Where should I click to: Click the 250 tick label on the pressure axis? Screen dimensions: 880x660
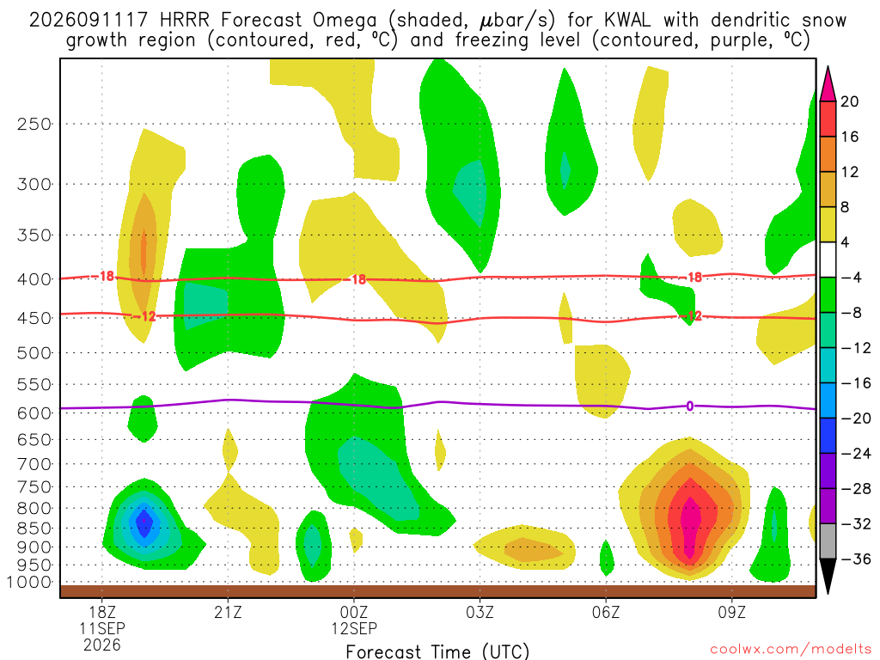(x=34, y=124)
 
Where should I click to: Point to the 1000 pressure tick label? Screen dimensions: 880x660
(x=28, y=582)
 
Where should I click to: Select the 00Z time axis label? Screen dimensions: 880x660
(x=353, y=612)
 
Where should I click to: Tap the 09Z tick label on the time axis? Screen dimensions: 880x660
(x=732, y=612)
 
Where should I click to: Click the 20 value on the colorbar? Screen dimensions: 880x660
(x=850, y=101)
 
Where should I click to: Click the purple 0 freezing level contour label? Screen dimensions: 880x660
(x=690, y=406)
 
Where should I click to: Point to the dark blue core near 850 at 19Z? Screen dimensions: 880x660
(x=144, y=522)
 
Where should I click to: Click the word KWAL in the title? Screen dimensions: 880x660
(x=626, y=21)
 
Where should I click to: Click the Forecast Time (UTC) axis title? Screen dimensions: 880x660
(x=437, y=651)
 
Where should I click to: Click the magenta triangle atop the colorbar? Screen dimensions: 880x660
(x=828, y=85)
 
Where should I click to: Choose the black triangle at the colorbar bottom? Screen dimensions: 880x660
(x=828, y=575)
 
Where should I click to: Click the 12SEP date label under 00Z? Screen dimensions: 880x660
(x=353, y=628)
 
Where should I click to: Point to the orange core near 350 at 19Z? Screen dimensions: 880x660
(x=144, y=247)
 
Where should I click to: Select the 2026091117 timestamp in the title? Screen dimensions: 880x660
(x=89, y=21)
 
